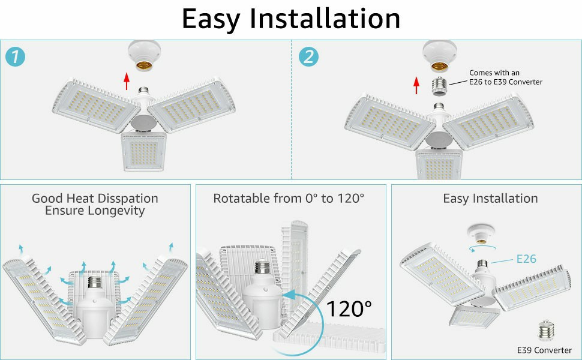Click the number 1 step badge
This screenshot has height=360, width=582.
pos(16,57)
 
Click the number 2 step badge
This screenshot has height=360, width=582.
pos(308,57)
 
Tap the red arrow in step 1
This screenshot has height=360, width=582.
pos(127,80)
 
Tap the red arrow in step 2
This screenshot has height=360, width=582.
pos(417,85)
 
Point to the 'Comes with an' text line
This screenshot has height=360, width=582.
pos(494,73)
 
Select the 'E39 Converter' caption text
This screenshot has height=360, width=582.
pos(544,350)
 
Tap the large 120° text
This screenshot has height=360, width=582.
pos(349,309)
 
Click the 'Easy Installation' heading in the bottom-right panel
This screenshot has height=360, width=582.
pos(490,198)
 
